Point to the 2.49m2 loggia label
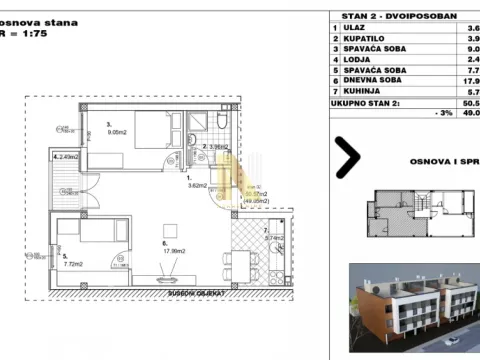pos(70,157)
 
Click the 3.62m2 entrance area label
pos(197,184)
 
